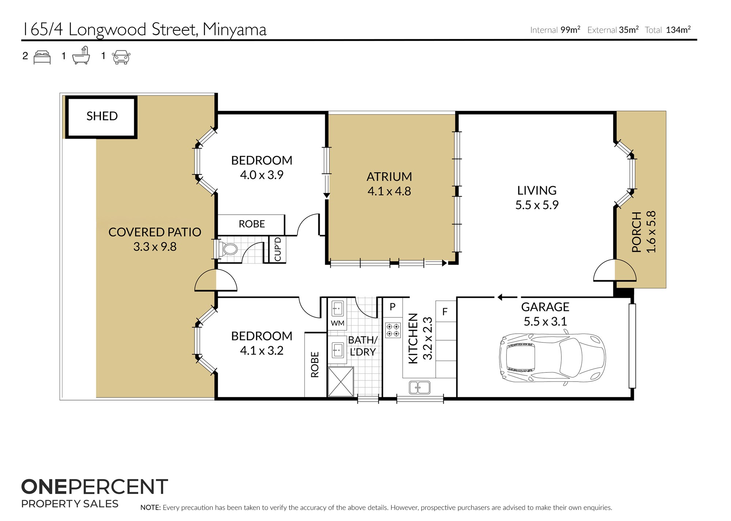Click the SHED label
click(x=102, y=116)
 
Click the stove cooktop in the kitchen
click(x=393, y=330)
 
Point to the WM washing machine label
click(x=337, y=323)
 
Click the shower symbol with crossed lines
click(x=341, y=382)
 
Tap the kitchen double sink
click(x=420, y=387)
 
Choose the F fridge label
click(x=445, y=312)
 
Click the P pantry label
click(x=393, y=307)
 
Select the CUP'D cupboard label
click(x=278, y=249)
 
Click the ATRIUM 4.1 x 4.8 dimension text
click(x=389, y=191)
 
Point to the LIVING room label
click(x=537, y=190)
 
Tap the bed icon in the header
click(x=42, y=57)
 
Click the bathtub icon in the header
click(x=81, y=55)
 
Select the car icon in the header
click(x=121, y=57)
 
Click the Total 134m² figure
click(x=667, y=30)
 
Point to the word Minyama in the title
click(x=235, y=30)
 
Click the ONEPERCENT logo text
click(x=95, y=487)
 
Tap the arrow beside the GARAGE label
click(x=507, y=297)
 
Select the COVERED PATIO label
click(x=155, y=232)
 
